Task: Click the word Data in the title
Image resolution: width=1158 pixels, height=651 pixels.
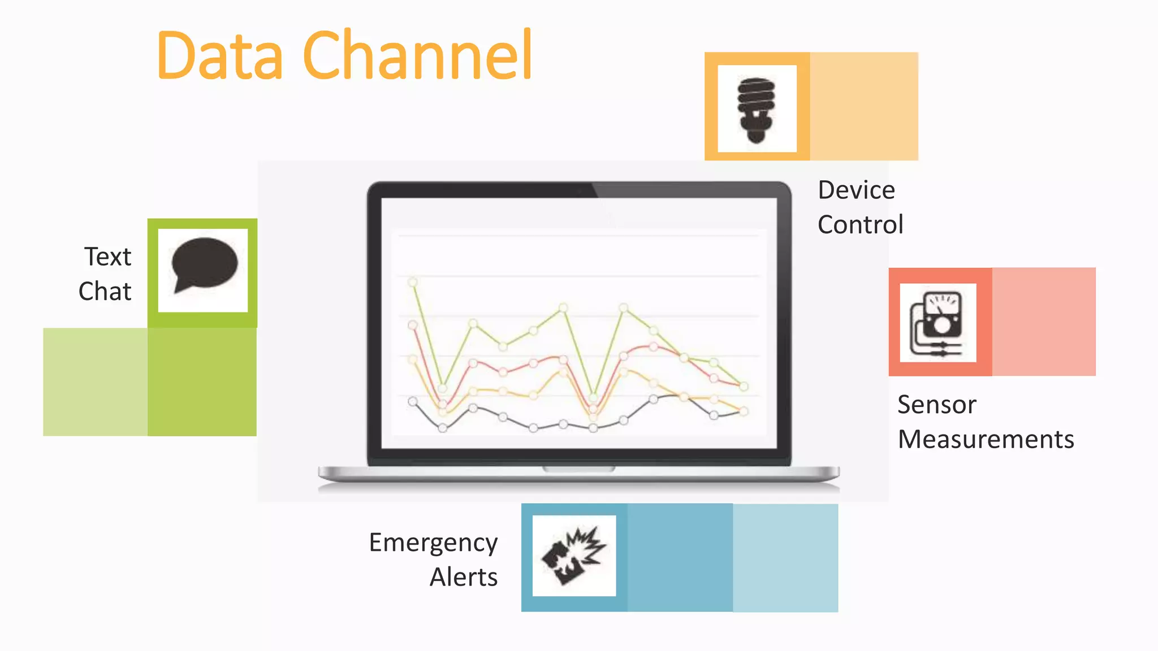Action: pos(219,55)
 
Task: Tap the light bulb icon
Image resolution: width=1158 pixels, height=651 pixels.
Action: pos(757,109)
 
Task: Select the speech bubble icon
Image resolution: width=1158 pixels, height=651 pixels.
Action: pos(204,266)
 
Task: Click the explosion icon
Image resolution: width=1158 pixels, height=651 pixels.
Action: pos(574,555)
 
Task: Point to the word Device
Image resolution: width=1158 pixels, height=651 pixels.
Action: pos(857,190)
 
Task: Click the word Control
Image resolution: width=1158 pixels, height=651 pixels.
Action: pos(861,225)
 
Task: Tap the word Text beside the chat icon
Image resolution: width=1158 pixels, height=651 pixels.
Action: pos(108,257)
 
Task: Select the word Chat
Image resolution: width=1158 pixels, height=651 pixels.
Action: pos(105,292)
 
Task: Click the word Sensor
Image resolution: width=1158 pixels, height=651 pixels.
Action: pos(937,405)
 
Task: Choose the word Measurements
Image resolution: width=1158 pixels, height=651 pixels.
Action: pos(986,440)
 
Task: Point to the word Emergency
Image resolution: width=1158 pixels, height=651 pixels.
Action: pos(433,543)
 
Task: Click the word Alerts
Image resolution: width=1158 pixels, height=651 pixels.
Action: pos(464,578)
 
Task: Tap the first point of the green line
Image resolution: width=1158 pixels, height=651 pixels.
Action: pos(413,282)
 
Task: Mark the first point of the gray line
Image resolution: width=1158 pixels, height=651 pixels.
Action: pos(413,401)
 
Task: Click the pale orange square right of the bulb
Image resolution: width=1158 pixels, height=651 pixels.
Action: pos(864,106)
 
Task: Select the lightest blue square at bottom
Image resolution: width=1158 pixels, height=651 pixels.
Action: pos(785,558)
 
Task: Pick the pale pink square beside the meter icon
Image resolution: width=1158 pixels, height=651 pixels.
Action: pos(1044,322)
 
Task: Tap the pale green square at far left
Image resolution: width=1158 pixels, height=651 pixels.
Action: pos(96,382)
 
